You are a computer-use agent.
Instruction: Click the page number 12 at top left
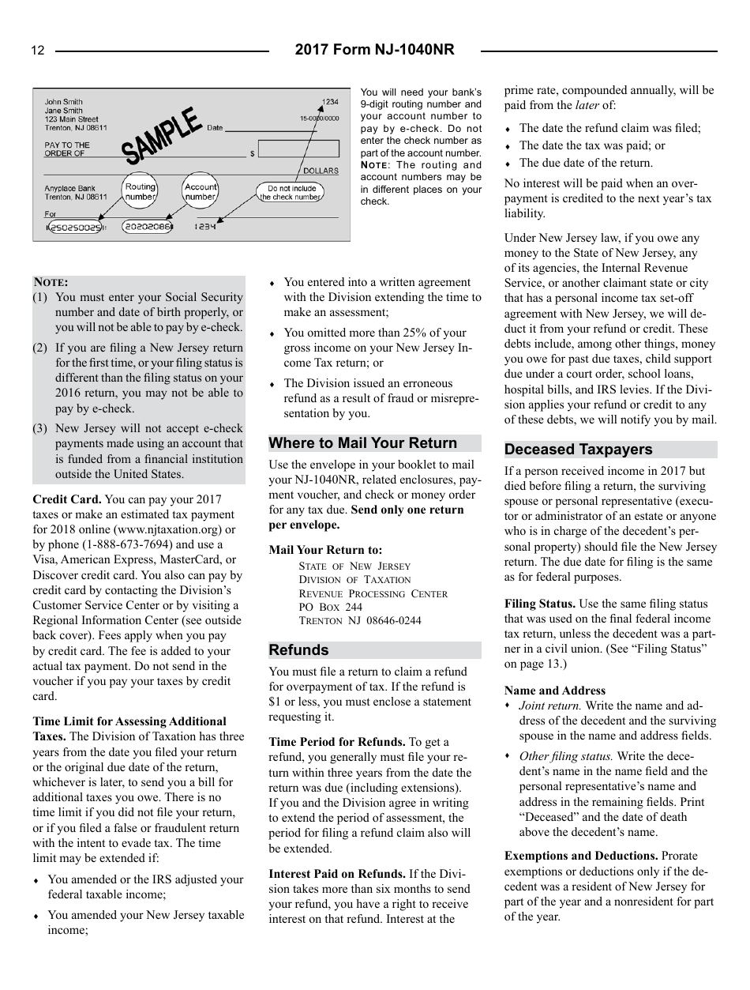pyautogui.click(x=38, y=51)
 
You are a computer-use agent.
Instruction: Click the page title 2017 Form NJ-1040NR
pyautogui.click(x=374, y=51)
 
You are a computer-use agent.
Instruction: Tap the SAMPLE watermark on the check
pyautogui.click(x=162, y=136)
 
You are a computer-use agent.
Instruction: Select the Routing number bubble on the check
pyautogui.click(x=141, y=192)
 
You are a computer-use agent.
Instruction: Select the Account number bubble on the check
pyautogui.click(x=200, y=192)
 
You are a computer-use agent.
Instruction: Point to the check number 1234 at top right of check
pyautogui.click(x=330, y=102)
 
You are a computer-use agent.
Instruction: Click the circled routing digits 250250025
pyautogui.click(x=74, y=228)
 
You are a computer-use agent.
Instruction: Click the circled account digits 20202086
pyautogui.click(x=147, y=228)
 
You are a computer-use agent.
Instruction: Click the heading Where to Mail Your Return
pyautogui.click(x=363, y=443)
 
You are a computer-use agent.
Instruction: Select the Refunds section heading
pyautogui.click(x=299, y=650)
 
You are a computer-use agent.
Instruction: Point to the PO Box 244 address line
pyautogui.click(x=331, y=607)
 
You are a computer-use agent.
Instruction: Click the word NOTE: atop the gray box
pyautogui.click(x=51, y=282)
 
